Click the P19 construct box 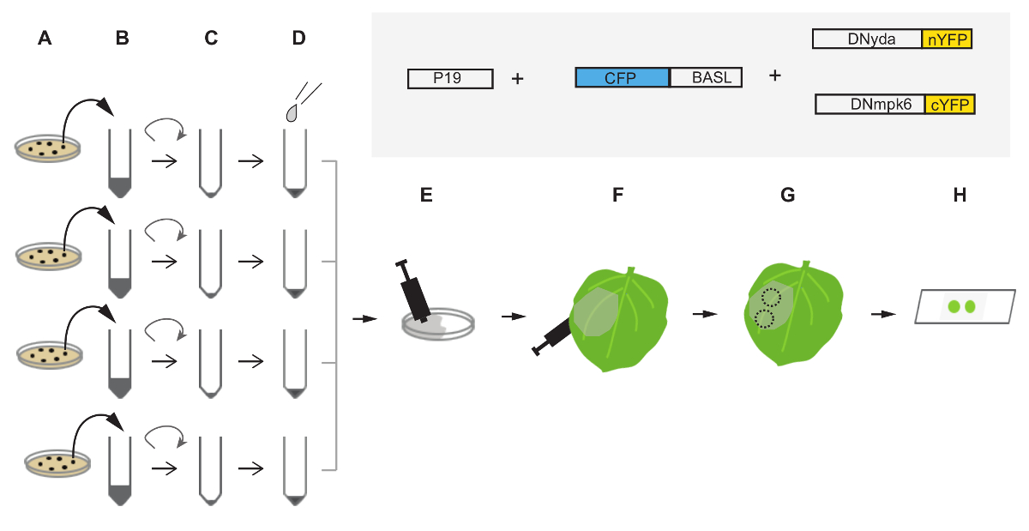coord(450,79)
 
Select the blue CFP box coord(622,78)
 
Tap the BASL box coord(706,78)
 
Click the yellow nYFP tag coord(948,39)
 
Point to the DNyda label coord(866,39)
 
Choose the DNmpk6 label coord(870,105)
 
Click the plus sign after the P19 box coord(517,79)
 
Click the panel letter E coord(426,194)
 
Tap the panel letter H coord(960,194)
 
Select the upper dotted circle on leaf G coord(771,298)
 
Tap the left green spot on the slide coord(953,305)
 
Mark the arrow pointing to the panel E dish coord(364,318)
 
